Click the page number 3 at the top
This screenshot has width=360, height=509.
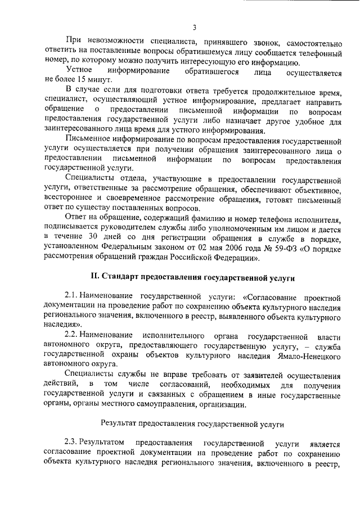pos(194,27)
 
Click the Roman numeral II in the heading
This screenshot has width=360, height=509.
pos(95,277)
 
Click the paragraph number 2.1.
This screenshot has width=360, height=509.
pos(70,296)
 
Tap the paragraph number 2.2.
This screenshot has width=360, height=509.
pos(70,336)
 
